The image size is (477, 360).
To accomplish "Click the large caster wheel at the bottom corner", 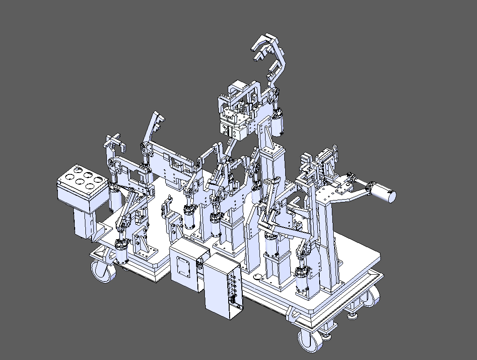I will pos(309,340).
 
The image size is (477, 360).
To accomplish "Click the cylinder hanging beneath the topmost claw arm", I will pos(279,121).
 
